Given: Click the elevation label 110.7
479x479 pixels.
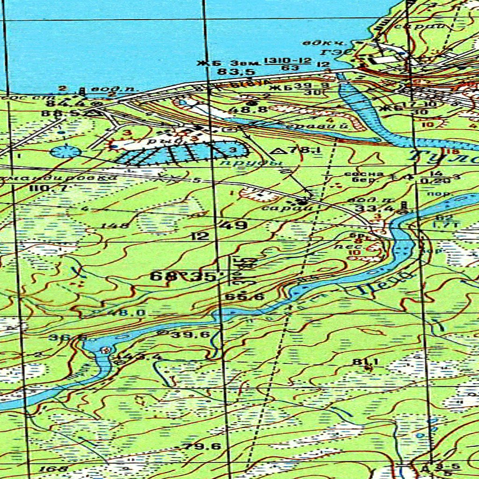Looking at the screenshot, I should pos(54,188).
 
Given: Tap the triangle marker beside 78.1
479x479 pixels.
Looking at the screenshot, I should pos(280,151).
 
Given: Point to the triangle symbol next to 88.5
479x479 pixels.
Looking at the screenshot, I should pos(95,112).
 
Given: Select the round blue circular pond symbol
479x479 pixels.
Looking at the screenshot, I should pos(65,151).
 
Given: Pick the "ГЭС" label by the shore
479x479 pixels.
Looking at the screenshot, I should pos(330,52).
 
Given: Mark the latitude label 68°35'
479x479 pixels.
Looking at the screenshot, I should pos(183,276).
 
